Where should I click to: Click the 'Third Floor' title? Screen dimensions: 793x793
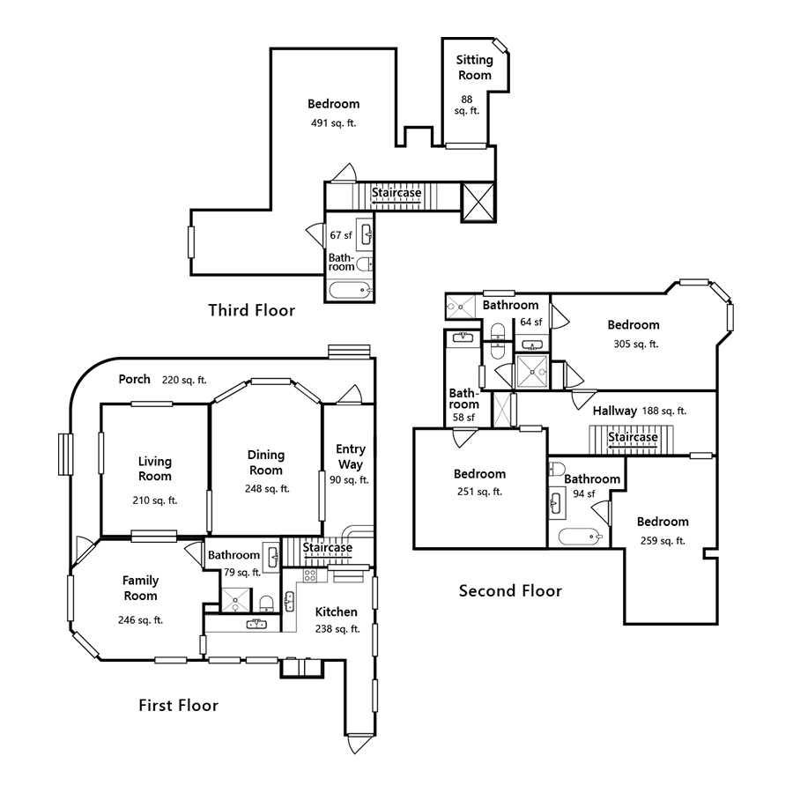(251, 310)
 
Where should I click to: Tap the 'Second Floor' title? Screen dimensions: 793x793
(510, 590)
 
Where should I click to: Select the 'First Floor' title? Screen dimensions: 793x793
(178, 705)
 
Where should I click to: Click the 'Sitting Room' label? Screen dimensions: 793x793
(474, 68)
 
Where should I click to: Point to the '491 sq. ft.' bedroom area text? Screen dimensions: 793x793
(333, 123)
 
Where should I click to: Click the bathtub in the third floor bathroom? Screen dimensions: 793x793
(351, 289)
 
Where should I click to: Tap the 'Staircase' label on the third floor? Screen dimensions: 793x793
(396, 193)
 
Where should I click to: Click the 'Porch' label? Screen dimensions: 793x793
(135, 380)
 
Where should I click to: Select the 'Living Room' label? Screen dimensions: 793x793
(155, 469)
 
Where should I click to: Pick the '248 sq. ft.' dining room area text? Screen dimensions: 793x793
(265, 488)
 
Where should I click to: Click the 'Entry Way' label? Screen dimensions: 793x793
(350, 456)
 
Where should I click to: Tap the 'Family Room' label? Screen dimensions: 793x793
(141, 588)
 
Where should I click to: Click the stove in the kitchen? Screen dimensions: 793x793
(310, 575)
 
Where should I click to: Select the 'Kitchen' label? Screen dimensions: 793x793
(337, 611)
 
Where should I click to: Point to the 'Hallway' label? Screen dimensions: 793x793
(614, 411)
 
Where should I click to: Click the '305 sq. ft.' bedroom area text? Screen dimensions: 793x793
(634, 345)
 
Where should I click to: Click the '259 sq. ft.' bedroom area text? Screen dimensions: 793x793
(663, 541)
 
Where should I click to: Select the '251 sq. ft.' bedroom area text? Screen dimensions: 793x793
(480, 492)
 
